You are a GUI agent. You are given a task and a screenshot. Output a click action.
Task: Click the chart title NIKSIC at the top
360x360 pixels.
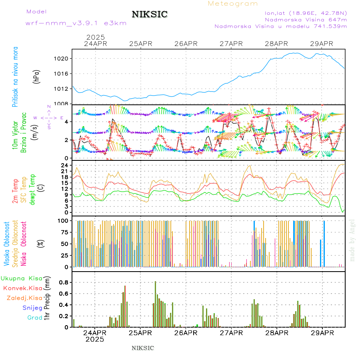point(150,14)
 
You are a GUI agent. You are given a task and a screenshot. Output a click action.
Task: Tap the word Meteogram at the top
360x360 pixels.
point(233,4)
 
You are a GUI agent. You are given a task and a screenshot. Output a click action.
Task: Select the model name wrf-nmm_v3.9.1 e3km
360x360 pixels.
point(76,23)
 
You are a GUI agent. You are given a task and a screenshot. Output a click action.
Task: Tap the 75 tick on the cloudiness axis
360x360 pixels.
point(64,232)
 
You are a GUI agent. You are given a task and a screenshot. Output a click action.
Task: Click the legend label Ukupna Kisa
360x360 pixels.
point(22,278)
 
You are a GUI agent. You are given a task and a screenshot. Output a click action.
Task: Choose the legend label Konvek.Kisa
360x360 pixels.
point(23,288)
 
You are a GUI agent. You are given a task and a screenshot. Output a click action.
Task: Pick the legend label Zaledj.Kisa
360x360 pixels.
point(24,298)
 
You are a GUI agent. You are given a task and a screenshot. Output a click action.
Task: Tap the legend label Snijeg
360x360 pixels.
point(32,308)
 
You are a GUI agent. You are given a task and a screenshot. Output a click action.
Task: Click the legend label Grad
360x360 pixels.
point(34,318)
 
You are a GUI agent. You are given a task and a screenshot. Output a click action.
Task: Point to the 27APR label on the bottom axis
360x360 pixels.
point(231,333)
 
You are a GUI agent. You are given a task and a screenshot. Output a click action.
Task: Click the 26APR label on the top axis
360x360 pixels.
point(186,44)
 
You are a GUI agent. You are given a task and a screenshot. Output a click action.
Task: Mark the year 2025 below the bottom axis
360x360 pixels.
point(95,339)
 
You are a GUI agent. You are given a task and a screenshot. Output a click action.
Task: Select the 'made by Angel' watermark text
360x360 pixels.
point(352,240)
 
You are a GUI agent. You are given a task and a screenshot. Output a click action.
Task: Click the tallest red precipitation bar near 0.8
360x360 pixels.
point(156,304)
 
